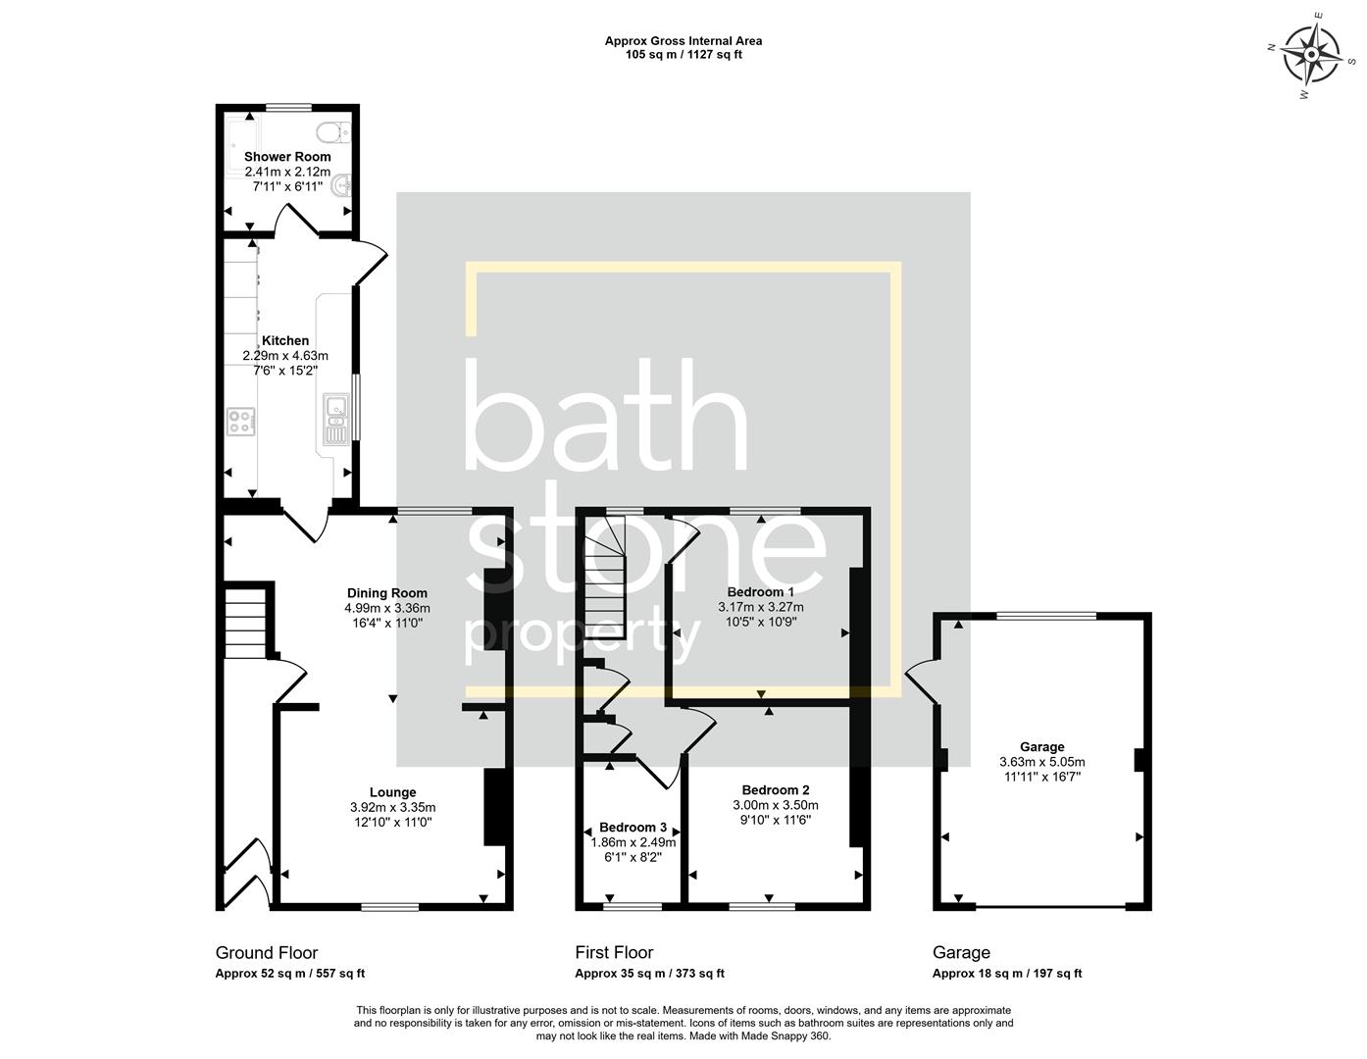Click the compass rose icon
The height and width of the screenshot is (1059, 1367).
click(1312, 53)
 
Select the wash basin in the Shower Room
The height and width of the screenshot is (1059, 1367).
click(340, 185)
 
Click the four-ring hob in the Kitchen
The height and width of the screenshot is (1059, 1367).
click(240, 422)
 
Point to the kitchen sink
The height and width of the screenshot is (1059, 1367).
click(334, 419)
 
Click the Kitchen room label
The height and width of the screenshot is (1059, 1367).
click(285, 340)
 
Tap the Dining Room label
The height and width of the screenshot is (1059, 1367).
click(387, 592)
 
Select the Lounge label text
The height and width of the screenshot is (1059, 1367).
click(393, 792)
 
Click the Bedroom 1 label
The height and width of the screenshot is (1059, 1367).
click(761, 591)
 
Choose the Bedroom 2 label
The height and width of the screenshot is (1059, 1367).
click(776, 789)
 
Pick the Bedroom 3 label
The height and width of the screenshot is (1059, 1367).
click(633, 827)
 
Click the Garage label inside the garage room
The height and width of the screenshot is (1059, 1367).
click(1041, 746)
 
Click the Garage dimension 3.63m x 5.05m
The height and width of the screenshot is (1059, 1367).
click(1041, 762)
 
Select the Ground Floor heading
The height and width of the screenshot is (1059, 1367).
click(267, 952)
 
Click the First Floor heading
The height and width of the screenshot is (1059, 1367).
click(614, 952)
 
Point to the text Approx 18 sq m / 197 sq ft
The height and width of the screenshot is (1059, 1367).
click(1006, 974)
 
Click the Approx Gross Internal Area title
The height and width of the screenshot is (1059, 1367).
click(683, 41)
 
